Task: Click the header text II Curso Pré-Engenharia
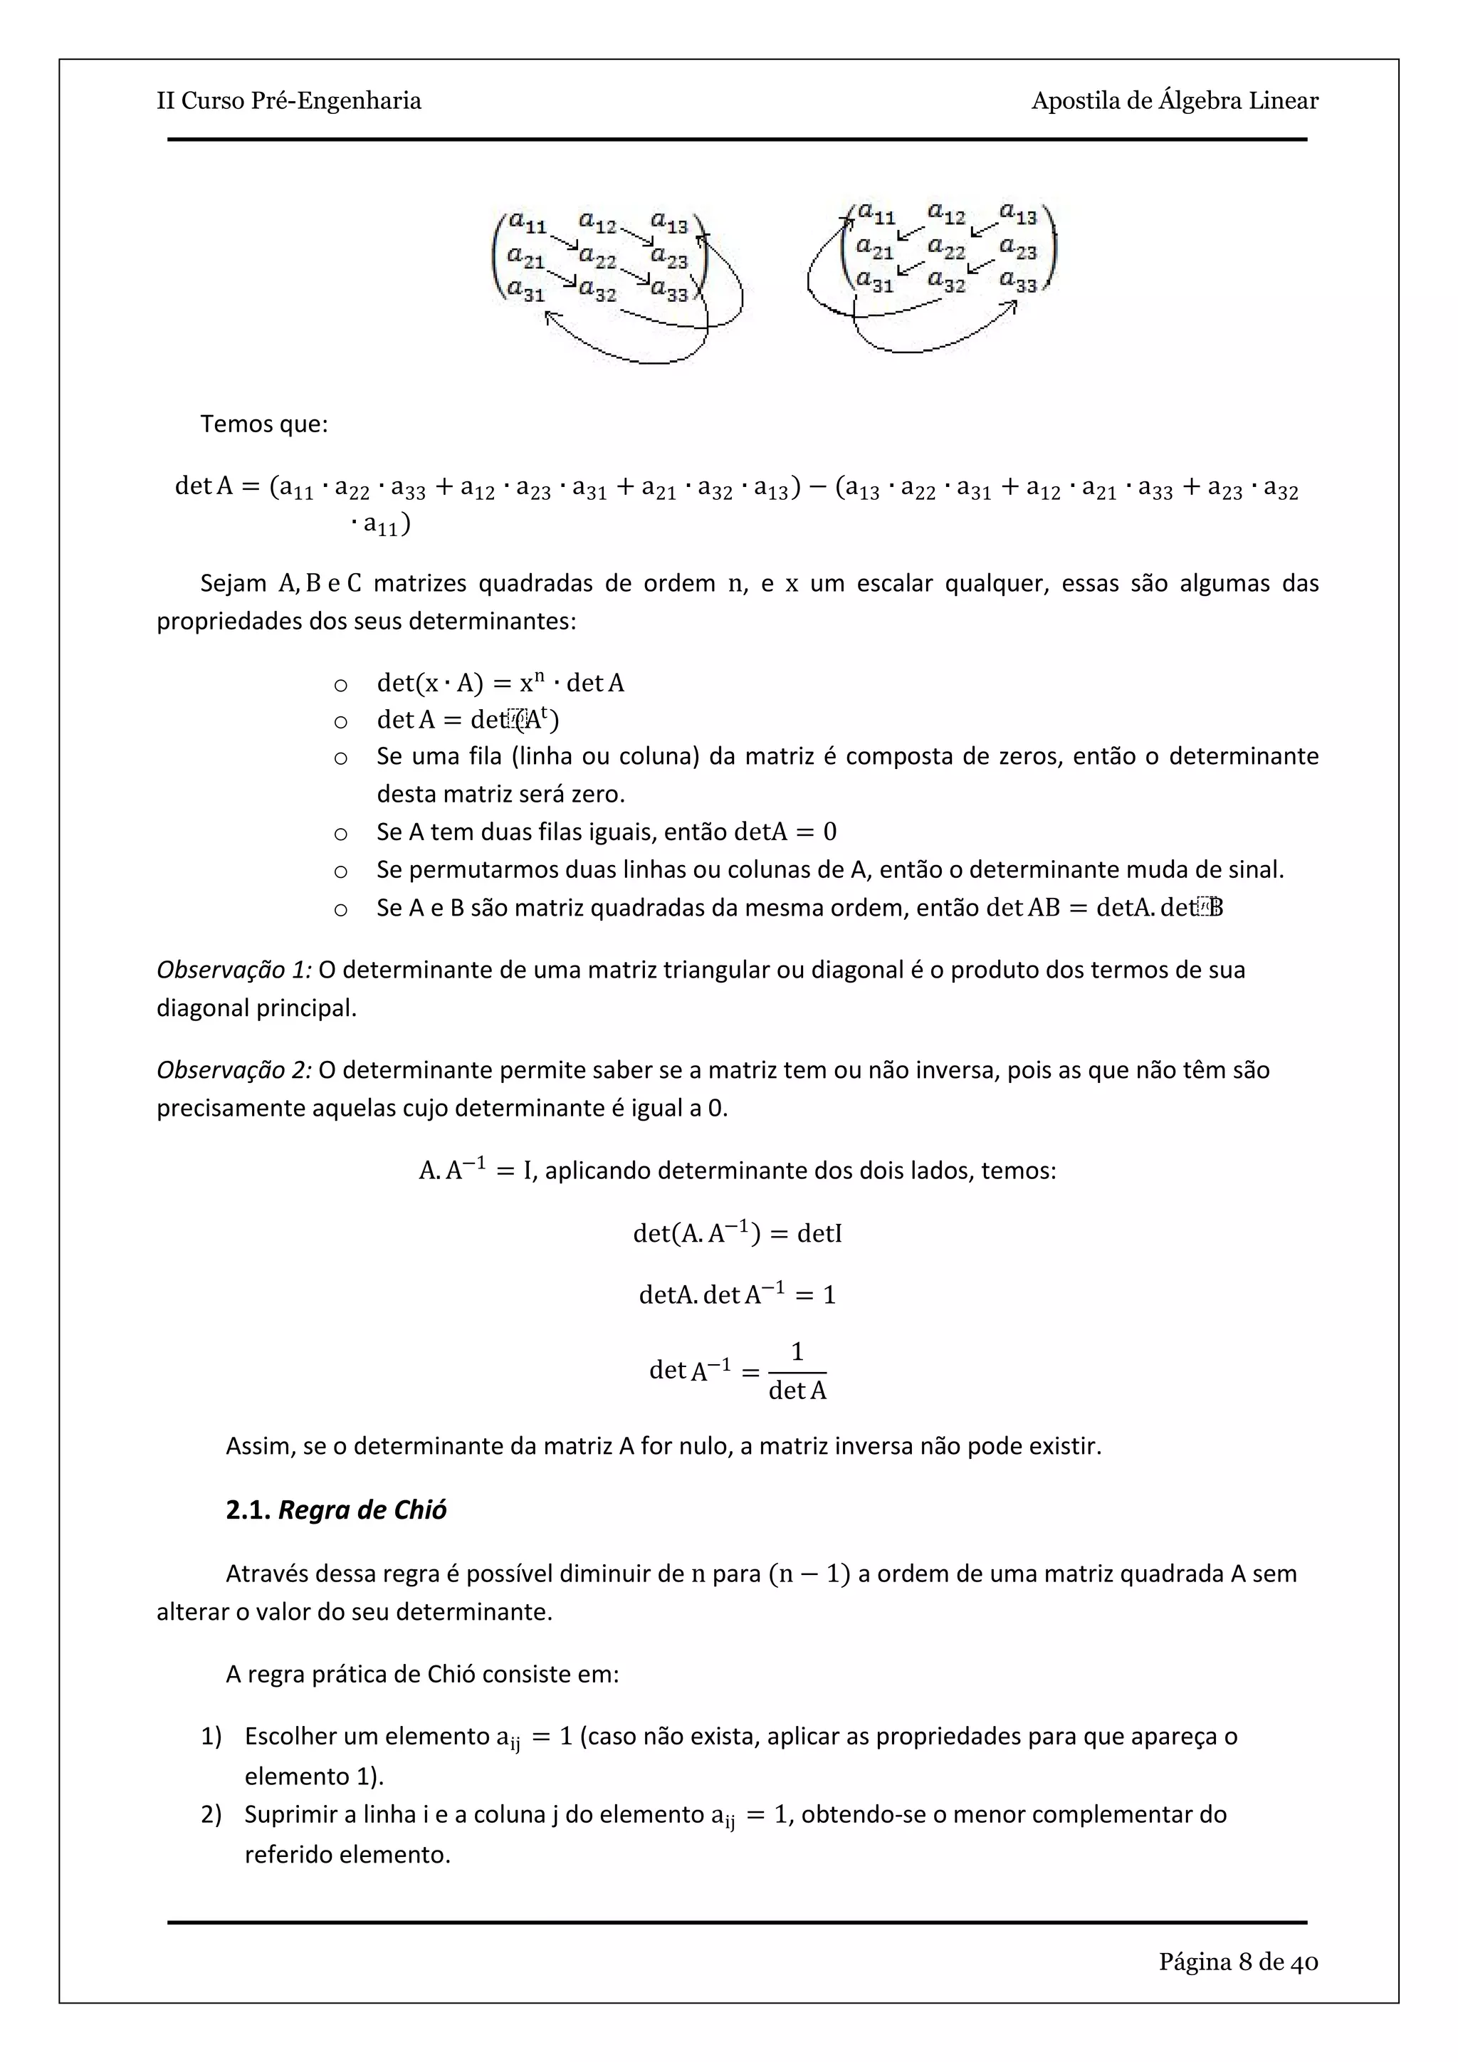(x=288, y=100)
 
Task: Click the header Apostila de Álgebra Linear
(x=1174, y=100)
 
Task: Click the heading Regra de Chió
(x=362, y=1509)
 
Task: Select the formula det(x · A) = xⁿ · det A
(x=500, y=684)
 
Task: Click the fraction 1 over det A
(x=797, y=1371)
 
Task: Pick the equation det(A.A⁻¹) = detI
(x=737, y=1233)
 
